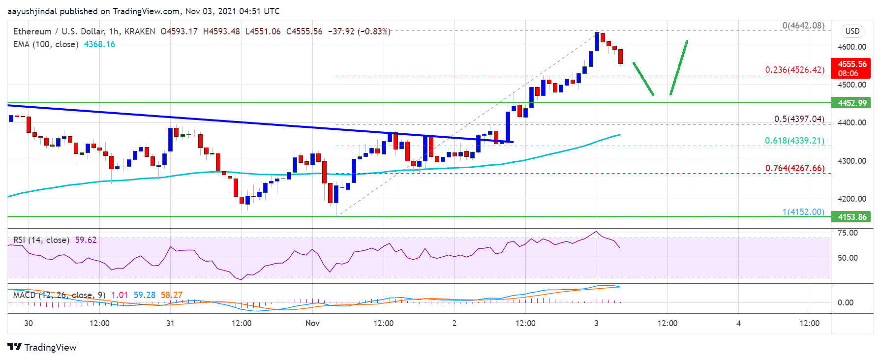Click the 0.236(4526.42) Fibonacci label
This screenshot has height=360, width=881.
click(x=794, y=70)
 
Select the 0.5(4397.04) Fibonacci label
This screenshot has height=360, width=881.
click(x=799, y=119)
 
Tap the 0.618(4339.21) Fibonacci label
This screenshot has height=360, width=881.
click(x=794, y=141)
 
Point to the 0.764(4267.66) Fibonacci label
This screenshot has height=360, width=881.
click(x=794, y=168)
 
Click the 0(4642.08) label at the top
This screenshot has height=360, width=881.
click(x=803, y=26)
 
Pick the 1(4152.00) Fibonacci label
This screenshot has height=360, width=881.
click(x=803, y=211)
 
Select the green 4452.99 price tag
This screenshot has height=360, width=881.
click(x=852, y=103)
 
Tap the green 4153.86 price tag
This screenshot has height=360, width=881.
click(x=852, y=217)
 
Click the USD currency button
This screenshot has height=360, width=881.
click(x=852, y=31)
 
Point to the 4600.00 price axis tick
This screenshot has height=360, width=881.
click(x=851, y=47)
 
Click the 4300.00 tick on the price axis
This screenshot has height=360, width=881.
click(x=851, y=161)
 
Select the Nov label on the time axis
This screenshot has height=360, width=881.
click(x=312, y=323)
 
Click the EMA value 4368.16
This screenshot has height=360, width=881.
click(x=99, y=44)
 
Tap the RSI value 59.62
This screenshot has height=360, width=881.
click(x=86, y=240)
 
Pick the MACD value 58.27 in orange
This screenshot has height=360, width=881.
click(x=171, y=295)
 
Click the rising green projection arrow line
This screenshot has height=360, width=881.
click(x=679, y=68)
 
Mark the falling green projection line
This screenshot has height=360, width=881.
click(x=643, y=79)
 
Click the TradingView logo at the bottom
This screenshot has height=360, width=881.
click(x=42, y=347)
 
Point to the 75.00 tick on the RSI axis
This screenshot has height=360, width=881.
click(x=847, y=233)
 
